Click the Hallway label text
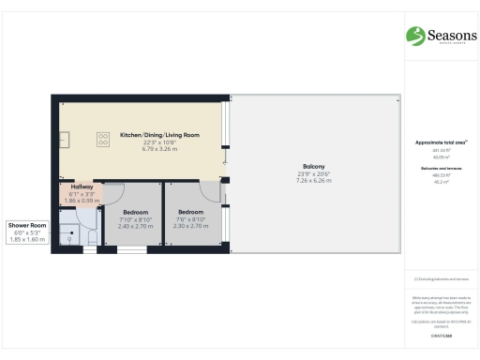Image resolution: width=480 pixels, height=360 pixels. (84, 187)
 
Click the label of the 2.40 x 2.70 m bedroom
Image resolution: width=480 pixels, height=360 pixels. (135, 212)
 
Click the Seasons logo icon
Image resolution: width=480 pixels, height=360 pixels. (415, 36)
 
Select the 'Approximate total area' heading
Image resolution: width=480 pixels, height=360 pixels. (440, 142)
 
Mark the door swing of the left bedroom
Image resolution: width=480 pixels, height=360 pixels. (113, 194)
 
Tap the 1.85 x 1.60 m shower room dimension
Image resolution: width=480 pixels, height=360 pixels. (27, 240)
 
